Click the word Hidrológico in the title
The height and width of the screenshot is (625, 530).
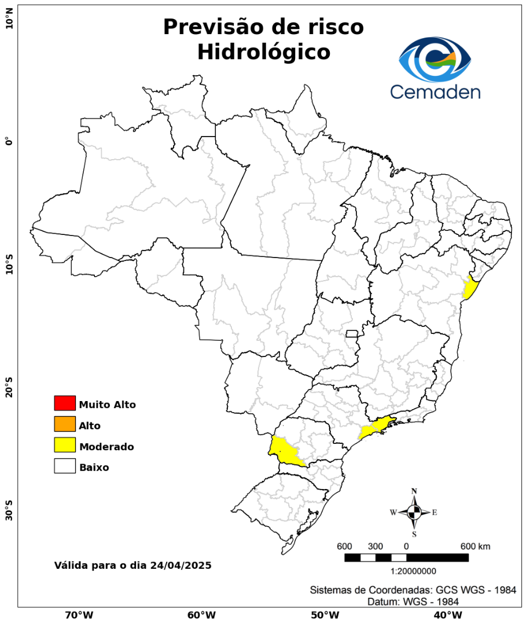[263, 52]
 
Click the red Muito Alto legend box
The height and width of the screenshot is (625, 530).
[65, 403]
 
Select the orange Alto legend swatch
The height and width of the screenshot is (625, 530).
[65, 424]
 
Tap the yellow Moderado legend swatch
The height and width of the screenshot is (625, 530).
[65, 445]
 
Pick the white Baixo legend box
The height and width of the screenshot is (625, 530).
[65, 466]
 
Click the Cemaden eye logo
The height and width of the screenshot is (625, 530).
[435, 60]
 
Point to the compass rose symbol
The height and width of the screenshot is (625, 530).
[414, 512]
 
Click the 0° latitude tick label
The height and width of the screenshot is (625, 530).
[9, 141]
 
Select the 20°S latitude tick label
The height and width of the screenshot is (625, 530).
[9, 387]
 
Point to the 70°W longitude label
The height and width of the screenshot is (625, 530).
[79, 615]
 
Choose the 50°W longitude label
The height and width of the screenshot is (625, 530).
[325, 615]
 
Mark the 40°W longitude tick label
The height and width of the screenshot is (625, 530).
[447, 615]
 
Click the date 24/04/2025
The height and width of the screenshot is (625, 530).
[180, 565]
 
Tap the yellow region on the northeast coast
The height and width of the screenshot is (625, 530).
[469, 288]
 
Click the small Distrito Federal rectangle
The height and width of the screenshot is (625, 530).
[352, 333]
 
